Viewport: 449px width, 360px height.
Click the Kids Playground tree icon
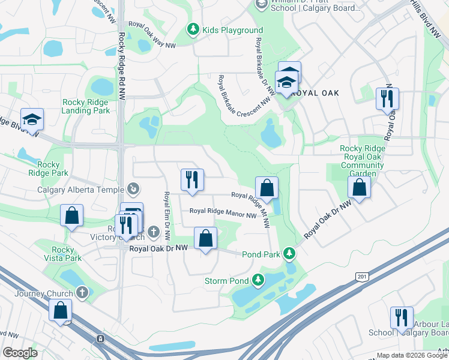[193, 29]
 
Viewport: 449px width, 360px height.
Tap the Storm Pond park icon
[258, 280]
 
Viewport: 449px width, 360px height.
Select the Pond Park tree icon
[290, 254]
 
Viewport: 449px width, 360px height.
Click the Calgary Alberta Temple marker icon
[134, 190]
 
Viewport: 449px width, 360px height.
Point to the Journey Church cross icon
[82, 293]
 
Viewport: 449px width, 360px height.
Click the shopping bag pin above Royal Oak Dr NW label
[206, 239]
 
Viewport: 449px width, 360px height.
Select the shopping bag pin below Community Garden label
[359, 188]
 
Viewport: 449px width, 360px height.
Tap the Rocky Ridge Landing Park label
[86, 106]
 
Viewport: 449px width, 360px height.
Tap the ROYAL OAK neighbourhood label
[318, 93]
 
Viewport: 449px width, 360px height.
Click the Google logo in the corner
[20, 353]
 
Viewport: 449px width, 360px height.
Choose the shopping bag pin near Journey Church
[61, 310]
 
